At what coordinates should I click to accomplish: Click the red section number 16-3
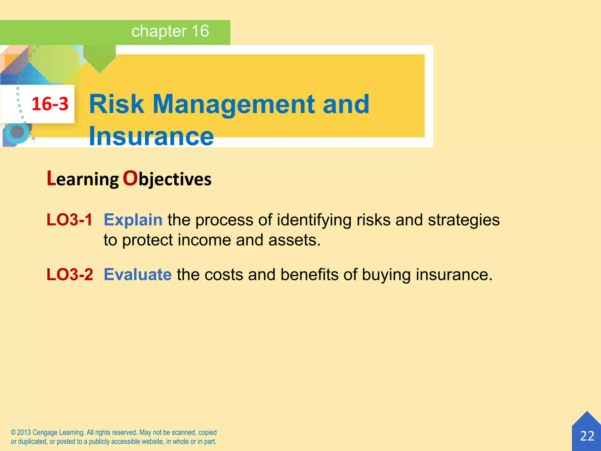[50, 104]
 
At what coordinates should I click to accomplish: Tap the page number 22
[587, 436]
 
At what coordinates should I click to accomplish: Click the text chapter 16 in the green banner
[170, 31]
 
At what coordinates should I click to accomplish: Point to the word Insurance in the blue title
[151, 136]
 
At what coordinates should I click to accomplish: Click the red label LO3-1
[70, 220]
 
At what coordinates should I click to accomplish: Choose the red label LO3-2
[70, 275]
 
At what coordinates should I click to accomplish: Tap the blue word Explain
[133, 220]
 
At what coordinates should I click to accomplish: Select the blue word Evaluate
[138, 275]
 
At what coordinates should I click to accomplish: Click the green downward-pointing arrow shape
[99, 59]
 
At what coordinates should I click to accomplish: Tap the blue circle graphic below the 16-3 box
[17, 132]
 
